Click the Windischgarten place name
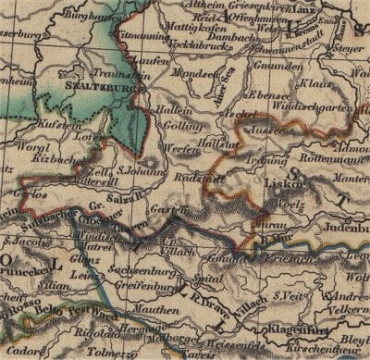coord(298,111)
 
